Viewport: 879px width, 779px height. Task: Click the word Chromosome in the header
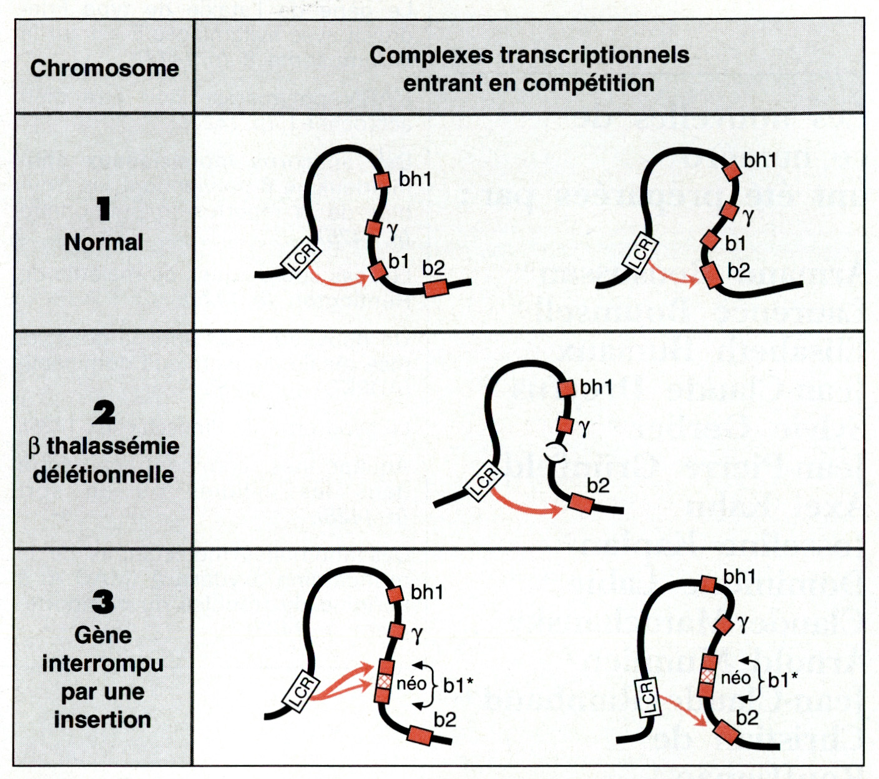click(x=104, y=68)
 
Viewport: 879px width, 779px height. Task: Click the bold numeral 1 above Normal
click(x=104, y=208)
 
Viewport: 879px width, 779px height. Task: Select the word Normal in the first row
click(x=104, y=242)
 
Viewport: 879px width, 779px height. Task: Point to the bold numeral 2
click(x=104, y=413)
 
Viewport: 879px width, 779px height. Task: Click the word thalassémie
click(x=113, y=446)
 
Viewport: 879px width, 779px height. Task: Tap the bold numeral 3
click(x=103, y=602)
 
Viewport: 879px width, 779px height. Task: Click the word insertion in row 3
click(x=102, y=720)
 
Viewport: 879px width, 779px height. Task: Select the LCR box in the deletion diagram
click(x=484, y=482)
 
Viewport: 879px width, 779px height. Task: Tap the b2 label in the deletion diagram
click(x=598, y=486)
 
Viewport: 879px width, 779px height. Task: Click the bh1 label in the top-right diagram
click(x=760, y=160)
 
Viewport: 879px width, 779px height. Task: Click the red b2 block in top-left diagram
click(x=436, y=288)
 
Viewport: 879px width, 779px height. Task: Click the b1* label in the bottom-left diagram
click(x=458, y=685)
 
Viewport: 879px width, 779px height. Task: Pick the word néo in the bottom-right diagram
click(x=736, y=678)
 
